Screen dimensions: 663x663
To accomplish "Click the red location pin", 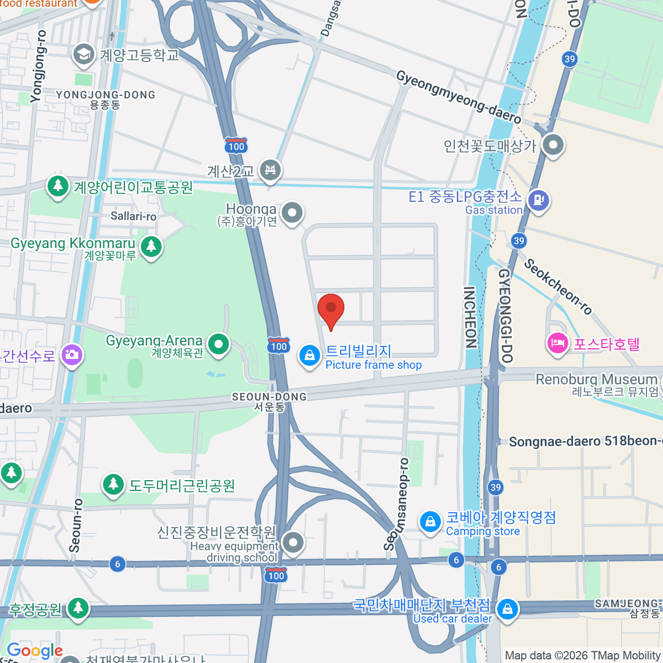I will point(331,308).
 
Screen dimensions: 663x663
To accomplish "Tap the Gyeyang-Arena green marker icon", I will point(219,345).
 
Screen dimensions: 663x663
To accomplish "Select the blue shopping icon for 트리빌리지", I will point(309,356).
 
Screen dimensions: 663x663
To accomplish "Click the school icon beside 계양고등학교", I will point(83,54).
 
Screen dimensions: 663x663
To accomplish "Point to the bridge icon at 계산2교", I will point(270,170).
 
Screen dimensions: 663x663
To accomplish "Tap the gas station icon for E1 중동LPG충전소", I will point(538,200).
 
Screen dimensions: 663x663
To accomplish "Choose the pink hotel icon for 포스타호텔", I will point(557,343).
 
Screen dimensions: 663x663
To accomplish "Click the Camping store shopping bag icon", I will point(429,521).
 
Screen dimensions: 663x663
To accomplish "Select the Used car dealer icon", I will point(507,609).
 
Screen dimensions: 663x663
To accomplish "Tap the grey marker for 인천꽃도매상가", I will point(552,145).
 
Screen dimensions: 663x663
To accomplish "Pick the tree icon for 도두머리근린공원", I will point(113,485).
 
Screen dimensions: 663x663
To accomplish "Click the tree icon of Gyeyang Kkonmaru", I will point(151,246).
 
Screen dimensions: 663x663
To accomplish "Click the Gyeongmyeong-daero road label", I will point(458,97).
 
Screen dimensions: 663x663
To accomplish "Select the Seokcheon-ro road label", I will point(557,287).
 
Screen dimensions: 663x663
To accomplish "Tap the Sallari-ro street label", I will point(133,216).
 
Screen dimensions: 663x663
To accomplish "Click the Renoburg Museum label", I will point(597,380).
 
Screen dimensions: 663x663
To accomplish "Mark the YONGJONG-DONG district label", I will point(106,95).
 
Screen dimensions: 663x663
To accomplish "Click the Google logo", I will point(34,651).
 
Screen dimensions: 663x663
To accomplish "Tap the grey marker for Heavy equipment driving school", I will point(293,542).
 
